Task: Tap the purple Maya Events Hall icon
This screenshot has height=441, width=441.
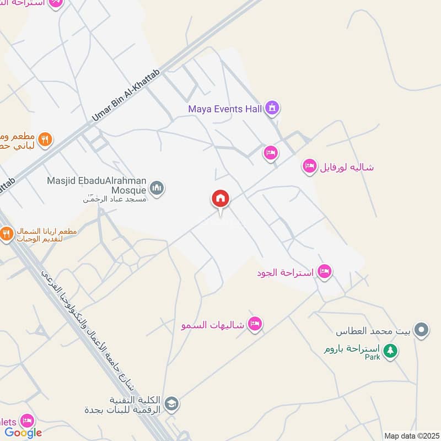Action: click(271, 109)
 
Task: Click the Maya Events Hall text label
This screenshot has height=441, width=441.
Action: click(225, 109)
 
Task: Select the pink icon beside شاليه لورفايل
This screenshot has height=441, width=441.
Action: click(310, 166)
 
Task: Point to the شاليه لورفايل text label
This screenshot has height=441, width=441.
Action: click(347, 166)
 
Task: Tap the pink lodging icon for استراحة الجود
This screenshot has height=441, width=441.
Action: click(325, 272)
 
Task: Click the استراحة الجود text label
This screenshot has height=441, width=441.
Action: click(286, 272)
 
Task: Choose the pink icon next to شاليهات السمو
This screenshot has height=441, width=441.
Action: click(255, 324)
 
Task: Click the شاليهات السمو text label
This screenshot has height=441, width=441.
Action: click(213, 325)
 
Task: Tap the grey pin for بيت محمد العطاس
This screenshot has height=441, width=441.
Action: click(422, 331)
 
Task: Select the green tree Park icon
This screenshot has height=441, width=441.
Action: click(390, 351)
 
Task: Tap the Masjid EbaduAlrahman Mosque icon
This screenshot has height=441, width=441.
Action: click(158, 189)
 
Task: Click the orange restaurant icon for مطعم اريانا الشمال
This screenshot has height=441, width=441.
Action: click(7, 235)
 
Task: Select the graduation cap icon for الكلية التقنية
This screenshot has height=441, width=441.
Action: click(171, 404)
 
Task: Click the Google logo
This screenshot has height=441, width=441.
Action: click(23, 433)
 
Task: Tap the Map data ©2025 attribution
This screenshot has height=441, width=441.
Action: click(411, 435)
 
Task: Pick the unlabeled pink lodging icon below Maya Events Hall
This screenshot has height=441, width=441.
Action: click(271, 153)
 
